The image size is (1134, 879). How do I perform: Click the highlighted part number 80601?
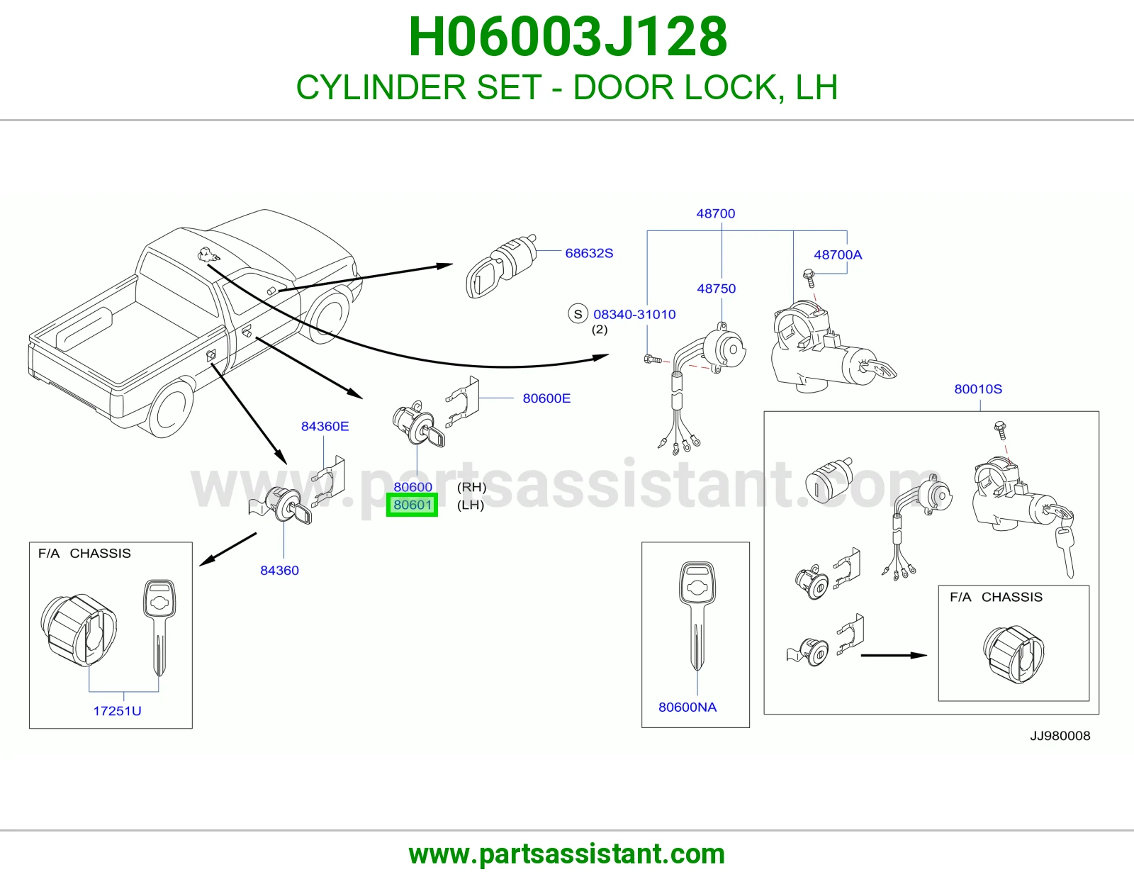(412, 505)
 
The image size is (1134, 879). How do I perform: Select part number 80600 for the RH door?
(412, 487)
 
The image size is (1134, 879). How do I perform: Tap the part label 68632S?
(589, 253)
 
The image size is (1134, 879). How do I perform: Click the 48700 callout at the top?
(715, 213)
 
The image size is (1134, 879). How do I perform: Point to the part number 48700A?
(838, 254)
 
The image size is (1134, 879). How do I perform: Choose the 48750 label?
(716, 289)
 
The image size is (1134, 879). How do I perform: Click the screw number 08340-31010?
(634, 314)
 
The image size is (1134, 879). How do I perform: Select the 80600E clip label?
(546, 398)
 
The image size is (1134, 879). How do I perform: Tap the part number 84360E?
(325, 427)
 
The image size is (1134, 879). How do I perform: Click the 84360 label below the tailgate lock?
(279, 571)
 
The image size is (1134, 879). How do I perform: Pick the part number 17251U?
(117, 711)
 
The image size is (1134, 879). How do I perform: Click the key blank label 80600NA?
(687, 707)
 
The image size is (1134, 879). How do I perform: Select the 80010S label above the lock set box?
(978, 389)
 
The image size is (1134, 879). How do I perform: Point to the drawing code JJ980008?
(1060, 736)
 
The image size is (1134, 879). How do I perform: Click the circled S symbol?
(578, 314)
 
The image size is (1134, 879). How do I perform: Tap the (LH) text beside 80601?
(470, 505)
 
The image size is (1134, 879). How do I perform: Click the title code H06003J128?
(567, 37)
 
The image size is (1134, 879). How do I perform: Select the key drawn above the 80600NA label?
(697, 616)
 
